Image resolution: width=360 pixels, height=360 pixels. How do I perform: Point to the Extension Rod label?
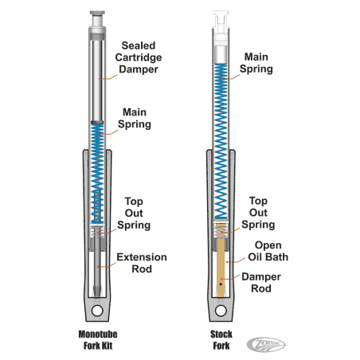pyautogui.click(x=143, y=264)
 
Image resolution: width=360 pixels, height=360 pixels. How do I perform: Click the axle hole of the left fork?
pyautogui.click(x=98, y=311)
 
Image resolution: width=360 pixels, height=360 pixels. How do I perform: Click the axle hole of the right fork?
pyautogui.click(x=223, y=311)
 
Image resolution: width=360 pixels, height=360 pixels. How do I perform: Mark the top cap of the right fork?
pyautogui.click(x=223, y=17)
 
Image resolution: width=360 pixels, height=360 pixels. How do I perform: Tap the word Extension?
pyautogui.click(x=143, y=257)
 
